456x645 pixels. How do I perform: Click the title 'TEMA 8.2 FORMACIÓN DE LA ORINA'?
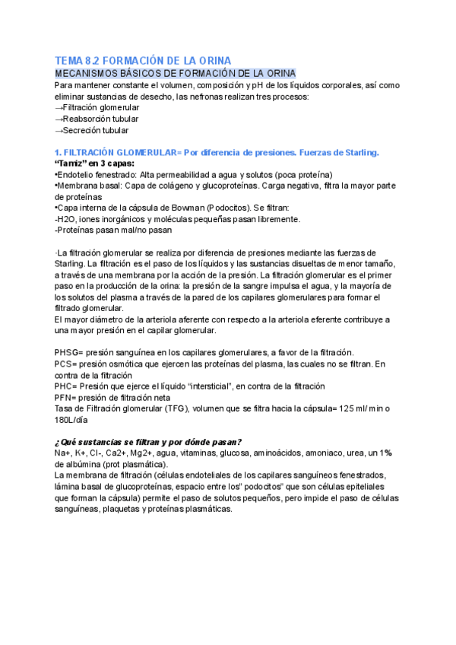(143, 60)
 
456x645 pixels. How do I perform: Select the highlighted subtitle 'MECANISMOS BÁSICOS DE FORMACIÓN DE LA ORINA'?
(176, 73)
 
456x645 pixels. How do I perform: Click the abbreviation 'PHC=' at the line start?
(68, 386)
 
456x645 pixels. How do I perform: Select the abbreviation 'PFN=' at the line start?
(67, 397)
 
